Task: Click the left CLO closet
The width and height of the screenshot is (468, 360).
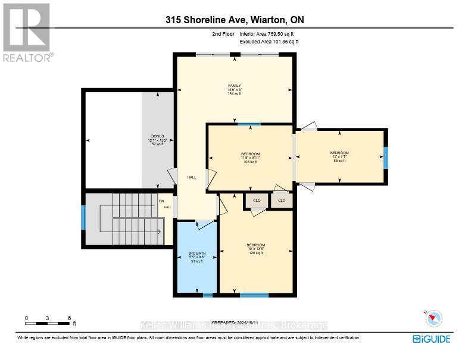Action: (x=257, y=201)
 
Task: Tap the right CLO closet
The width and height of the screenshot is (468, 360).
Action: (x=282, y=201)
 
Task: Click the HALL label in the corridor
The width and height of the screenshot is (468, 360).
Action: (x=192, y=177)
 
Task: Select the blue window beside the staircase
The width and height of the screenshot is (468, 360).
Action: (x=83, y=218)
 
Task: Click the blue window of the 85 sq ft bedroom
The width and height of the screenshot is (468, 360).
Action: (x=386, y=157)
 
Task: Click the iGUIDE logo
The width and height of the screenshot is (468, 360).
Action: (x=431, y=339)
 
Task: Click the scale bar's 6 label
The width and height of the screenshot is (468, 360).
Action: (x=69, y=318)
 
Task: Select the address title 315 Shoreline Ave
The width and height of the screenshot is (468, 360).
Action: (x=235, y=20)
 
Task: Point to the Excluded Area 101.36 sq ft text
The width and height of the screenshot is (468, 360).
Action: (x=269, y=42)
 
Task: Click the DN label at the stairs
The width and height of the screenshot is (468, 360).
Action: (x=161, y=201)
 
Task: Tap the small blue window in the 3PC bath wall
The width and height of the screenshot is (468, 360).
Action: (x=207, y=295)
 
